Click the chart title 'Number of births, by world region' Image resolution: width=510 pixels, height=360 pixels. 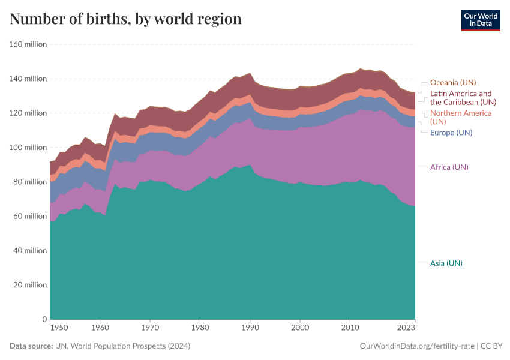click(x=125, y=19)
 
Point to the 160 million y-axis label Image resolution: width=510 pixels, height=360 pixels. click(x=28, y=44)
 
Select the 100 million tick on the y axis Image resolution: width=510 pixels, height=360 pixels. click(x=28, y=148)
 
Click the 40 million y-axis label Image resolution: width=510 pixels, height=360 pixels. click(x=29, y=251)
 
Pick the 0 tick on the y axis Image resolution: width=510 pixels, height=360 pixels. click(x=44, y=319)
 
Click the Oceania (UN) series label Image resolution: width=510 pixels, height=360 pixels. click(x=453, y=83)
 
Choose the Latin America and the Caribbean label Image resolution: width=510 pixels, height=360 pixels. click(x=461, y=98)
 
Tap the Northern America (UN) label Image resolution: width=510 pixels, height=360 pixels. click(x=460, y=117)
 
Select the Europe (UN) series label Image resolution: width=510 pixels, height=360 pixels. click(x=451, y=132)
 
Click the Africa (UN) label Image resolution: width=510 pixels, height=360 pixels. click(x=449, y=167)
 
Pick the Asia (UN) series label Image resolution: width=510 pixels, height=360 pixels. click(x=446, y=263)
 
